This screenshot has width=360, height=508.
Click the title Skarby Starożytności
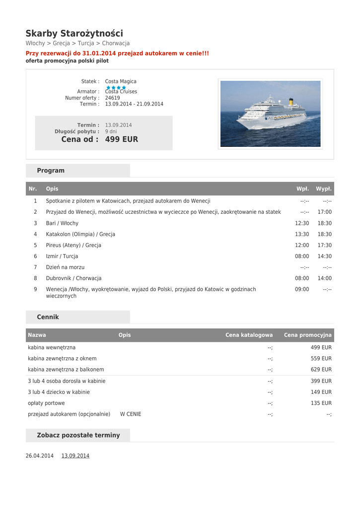74,34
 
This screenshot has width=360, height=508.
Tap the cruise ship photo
270,114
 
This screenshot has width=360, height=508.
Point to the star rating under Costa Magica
116,87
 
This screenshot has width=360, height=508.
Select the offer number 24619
112,98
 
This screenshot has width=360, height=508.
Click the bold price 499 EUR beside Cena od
122,139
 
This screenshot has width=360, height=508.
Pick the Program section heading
51,171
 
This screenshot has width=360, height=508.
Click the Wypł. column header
324,189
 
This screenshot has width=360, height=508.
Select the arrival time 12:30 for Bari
302,223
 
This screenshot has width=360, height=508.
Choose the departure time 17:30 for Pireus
325,245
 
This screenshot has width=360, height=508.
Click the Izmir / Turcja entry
62,256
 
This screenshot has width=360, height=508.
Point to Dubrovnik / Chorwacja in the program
73,278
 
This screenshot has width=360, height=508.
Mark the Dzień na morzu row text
65,267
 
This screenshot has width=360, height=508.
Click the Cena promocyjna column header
308,335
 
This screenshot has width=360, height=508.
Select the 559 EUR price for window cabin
321,359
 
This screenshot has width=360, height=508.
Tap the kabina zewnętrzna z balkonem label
66,370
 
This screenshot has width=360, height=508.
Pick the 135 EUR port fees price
321,403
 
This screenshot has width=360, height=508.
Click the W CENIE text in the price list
131,414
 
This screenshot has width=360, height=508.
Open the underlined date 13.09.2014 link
75,456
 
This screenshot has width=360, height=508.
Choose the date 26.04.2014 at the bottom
40,456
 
